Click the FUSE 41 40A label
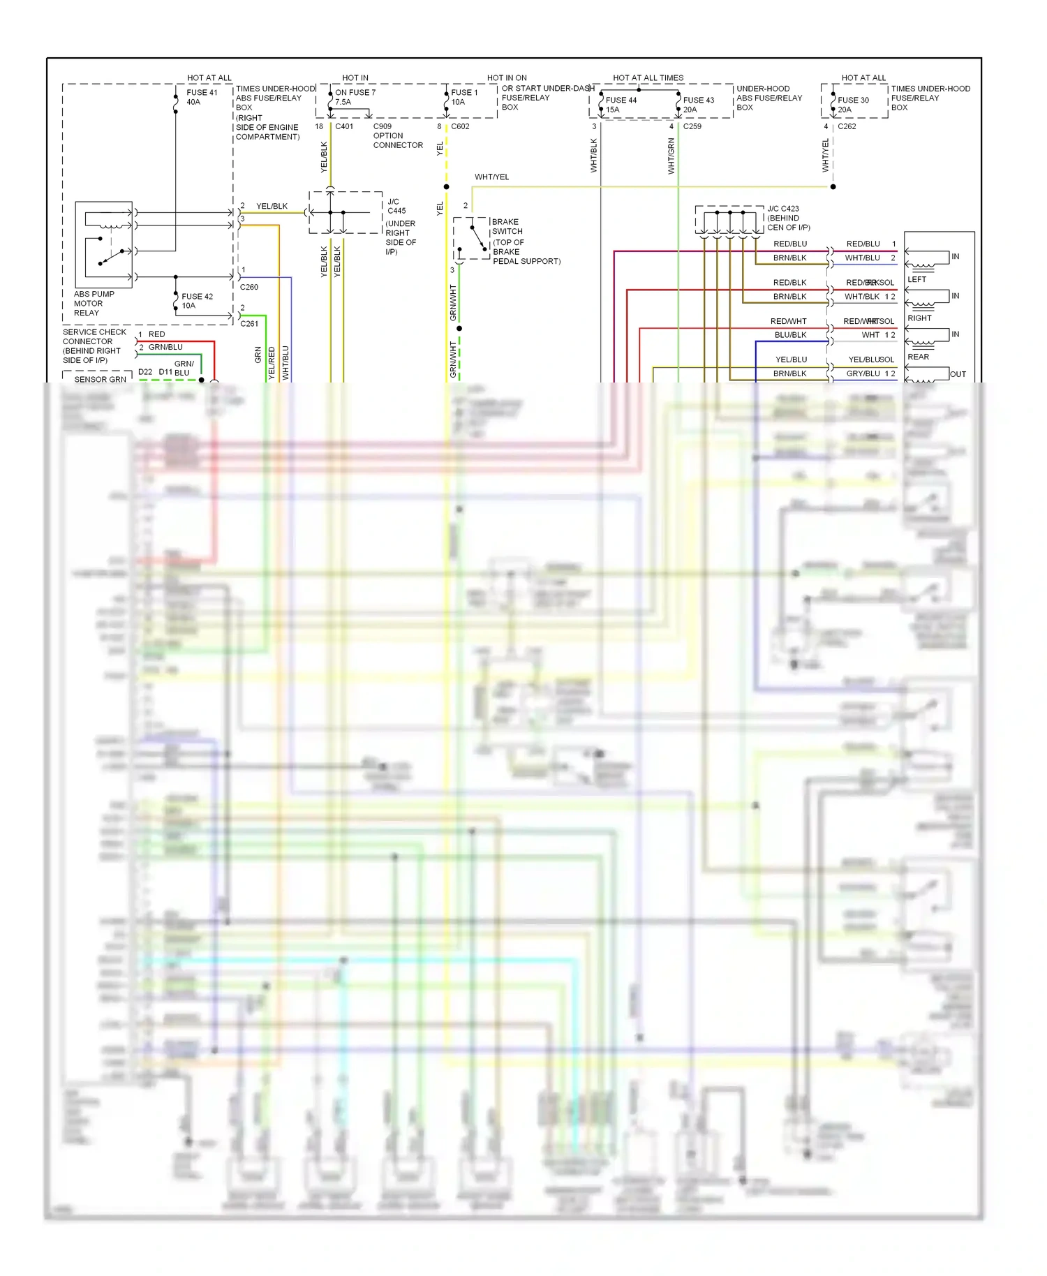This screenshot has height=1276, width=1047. point(202,97)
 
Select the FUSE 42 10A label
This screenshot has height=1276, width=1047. point(197,301)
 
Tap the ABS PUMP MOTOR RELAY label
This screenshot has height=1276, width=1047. point(94,304)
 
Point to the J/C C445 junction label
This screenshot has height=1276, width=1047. point(396,206)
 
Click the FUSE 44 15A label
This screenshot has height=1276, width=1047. point(621,105)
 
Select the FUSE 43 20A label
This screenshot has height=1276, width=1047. point(698,105)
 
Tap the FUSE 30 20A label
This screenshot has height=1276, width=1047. point(853,105)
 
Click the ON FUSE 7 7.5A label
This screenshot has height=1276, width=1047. point(355,97)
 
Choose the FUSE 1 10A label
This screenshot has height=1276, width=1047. point(464,97)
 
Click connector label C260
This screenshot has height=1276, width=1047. point(249,287)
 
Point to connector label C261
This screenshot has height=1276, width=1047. point(249,324)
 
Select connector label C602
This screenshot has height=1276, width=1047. point(460,126)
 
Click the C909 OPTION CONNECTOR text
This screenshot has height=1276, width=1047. point(397,136)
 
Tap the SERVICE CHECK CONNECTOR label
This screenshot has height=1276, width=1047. point(94,346)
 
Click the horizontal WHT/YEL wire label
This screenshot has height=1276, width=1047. point(491,177)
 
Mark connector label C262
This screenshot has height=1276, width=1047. point(847,126)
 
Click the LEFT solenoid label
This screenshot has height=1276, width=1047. point(916,279)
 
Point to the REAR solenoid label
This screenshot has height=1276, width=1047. point(918,357)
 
